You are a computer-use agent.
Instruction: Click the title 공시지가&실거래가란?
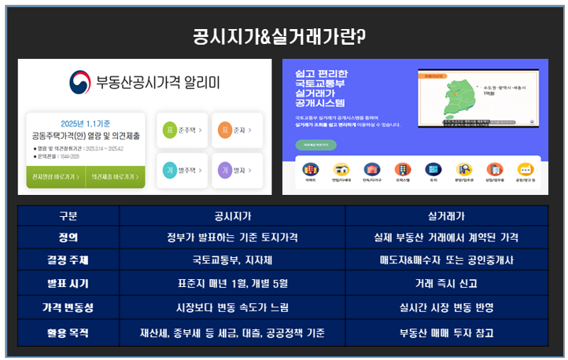[x=284, y=36]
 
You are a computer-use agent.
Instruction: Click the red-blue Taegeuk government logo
[x=80, y=82]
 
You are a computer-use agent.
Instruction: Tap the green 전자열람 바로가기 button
[x=56, y=177]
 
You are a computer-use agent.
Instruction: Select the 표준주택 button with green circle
[x=184, y=130]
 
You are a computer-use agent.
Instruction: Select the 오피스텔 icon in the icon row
[x=402, y=170]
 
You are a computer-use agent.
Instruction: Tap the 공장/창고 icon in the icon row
[x=525, y=170]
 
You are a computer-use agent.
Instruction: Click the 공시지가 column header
[x=232, y=216]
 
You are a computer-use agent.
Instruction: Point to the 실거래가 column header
[x=446, y=216]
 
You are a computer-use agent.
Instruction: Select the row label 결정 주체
[x=68, y=260]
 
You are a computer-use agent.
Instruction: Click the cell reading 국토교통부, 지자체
[x=232, y=260]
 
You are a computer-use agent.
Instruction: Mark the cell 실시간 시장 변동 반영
[x=446, y=307]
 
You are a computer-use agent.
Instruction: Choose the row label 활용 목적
[x=68, y=332]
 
